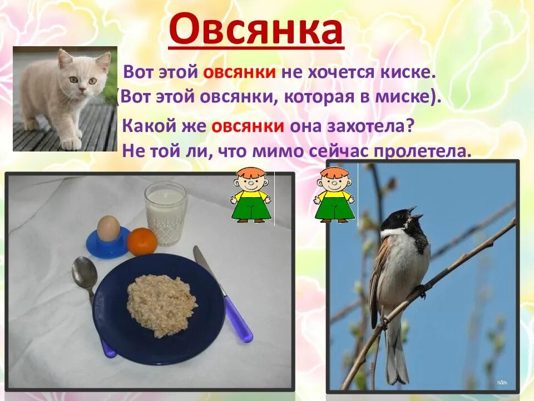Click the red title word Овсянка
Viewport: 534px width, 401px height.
pyautogui.click(x=256, y=31)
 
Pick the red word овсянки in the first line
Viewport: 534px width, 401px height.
pyautogui.click(x=240, y=72)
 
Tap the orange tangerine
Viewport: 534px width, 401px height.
pyautogui.click(x=142, y=241)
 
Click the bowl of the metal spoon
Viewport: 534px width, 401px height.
pyautogui.click(x=85, y=272)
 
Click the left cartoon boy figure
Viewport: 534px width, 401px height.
pyautogui.click(x=250, y=194)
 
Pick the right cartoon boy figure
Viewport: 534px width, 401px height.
pyautogui.click(x=334, y=194)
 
